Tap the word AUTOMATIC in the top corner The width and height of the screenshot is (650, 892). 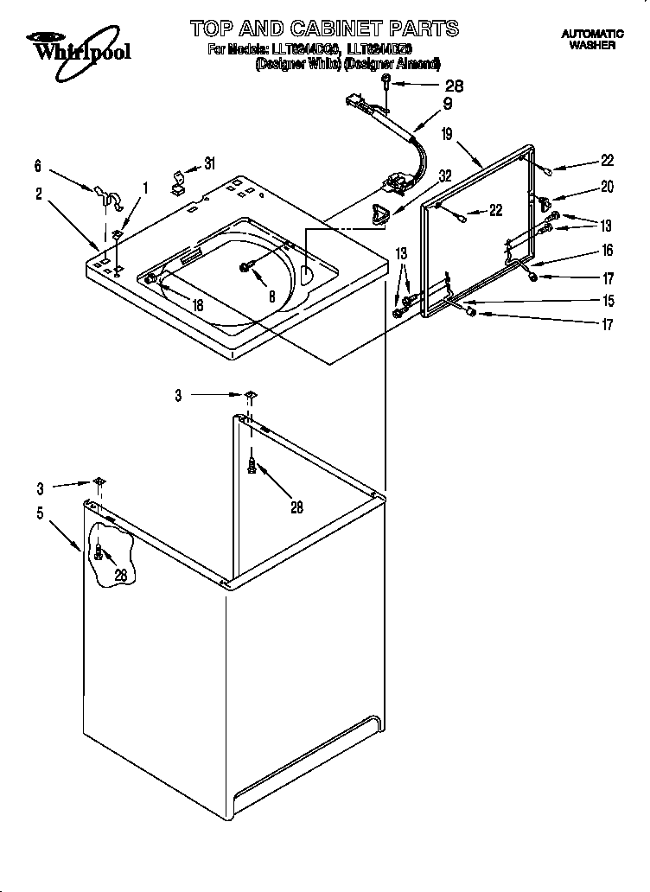tap(593, 34)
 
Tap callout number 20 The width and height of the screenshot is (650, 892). tap(607, 187)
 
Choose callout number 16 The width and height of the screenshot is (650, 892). tap(607, 251)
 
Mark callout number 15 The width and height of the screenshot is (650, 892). tap(607, 301)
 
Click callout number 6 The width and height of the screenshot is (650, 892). tap(38, 167)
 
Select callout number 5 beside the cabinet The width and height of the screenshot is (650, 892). tap(40, 513)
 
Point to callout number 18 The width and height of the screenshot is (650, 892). tap(198, 305)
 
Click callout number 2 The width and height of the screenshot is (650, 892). tap(39, 194)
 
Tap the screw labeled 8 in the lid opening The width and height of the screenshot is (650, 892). tap(248, 268)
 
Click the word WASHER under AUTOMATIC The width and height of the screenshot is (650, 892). tap(593, 45)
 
